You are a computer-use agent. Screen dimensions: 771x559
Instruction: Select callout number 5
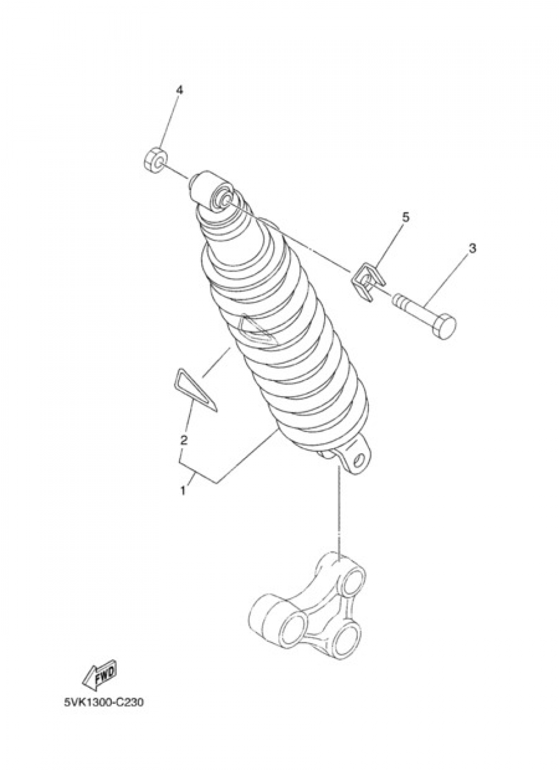405,216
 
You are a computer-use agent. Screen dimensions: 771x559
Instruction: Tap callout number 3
472,249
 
